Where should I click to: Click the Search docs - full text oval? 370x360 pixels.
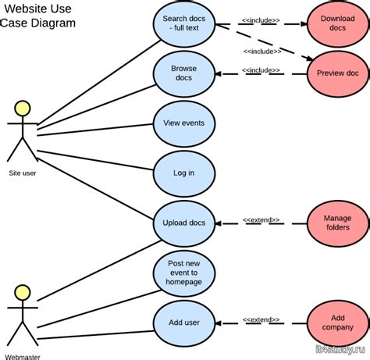(184, 24)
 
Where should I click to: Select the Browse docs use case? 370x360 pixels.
(184, 74)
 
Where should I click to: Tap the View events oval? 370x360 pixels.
(184, 124)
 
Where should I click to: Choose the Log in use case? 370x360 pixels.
(184, 173)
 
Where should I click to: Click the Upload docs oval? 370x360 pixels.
(184, 223)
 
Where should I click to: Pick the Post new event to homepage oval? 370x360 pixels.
(184, 273)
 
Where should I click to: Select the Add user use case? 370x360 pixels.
(184, 323)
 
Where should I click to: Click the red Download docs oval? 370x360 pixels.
(338, 24)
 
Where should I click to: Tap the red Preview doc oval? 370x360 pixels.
(338, 74)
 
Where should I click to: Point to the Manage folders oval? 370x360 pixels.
(338, 223)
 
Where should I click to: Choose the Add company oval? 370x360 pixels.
(338, 323)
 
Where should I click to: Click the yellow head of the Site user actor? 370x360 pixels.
(23, 109)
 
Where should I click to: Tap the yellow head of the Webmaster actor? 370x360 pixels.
(23, 293)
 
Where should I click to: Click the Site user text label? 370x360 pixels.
(23, 173)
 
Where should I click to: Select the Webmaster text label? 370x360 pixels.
(23, 357)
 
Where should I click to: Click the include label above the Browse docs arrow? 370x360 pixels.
(261, 70)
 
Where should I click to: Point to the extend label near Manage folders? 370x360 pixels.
(261, 220)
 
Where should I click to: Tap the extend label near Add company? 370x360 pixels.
(261, 319)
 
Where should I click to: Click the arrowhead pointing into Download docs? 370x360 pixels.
(304, 24)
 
